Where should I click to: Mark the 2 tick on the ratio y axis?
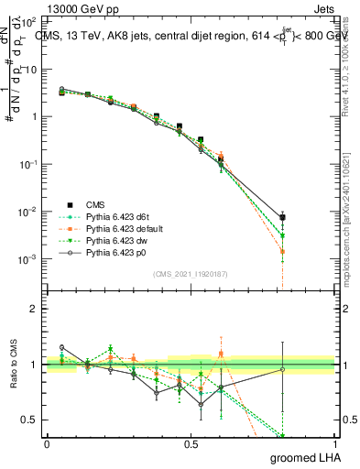pos(36,309)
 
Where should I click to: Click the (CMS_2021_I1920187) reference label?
pos(191,273)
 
